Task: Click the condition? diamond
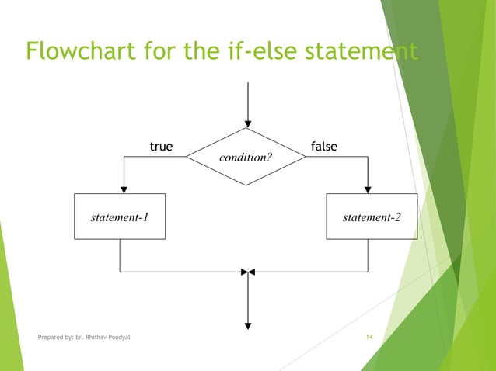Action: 246,157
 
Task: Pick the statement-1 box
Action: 120,217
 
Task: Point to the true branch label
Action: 161,147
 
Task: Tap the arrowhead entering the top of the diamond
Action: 247,123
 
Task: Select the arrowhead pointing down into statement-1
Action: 124,189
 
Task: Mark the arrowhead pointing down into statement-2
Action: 368,189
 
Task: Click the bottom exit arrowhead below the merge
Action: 247,324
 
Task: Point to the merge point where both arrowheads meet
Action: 247,272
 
